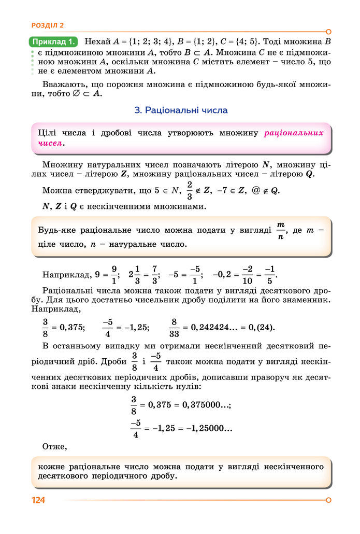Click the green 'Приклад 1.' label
[x=54, y=41]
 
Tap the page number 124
[x=39, y=500]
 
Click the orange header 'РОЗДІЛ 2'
[x=48, y=25]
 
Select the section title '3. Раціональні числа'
[x=181, y=110]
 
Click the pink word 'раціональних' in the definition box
[x=294, y=133]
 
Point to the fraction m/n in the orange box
[x=281, y=230]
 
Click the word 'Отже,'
[x=55, y=446]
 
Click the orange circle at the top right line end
[x=328, y=32]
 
